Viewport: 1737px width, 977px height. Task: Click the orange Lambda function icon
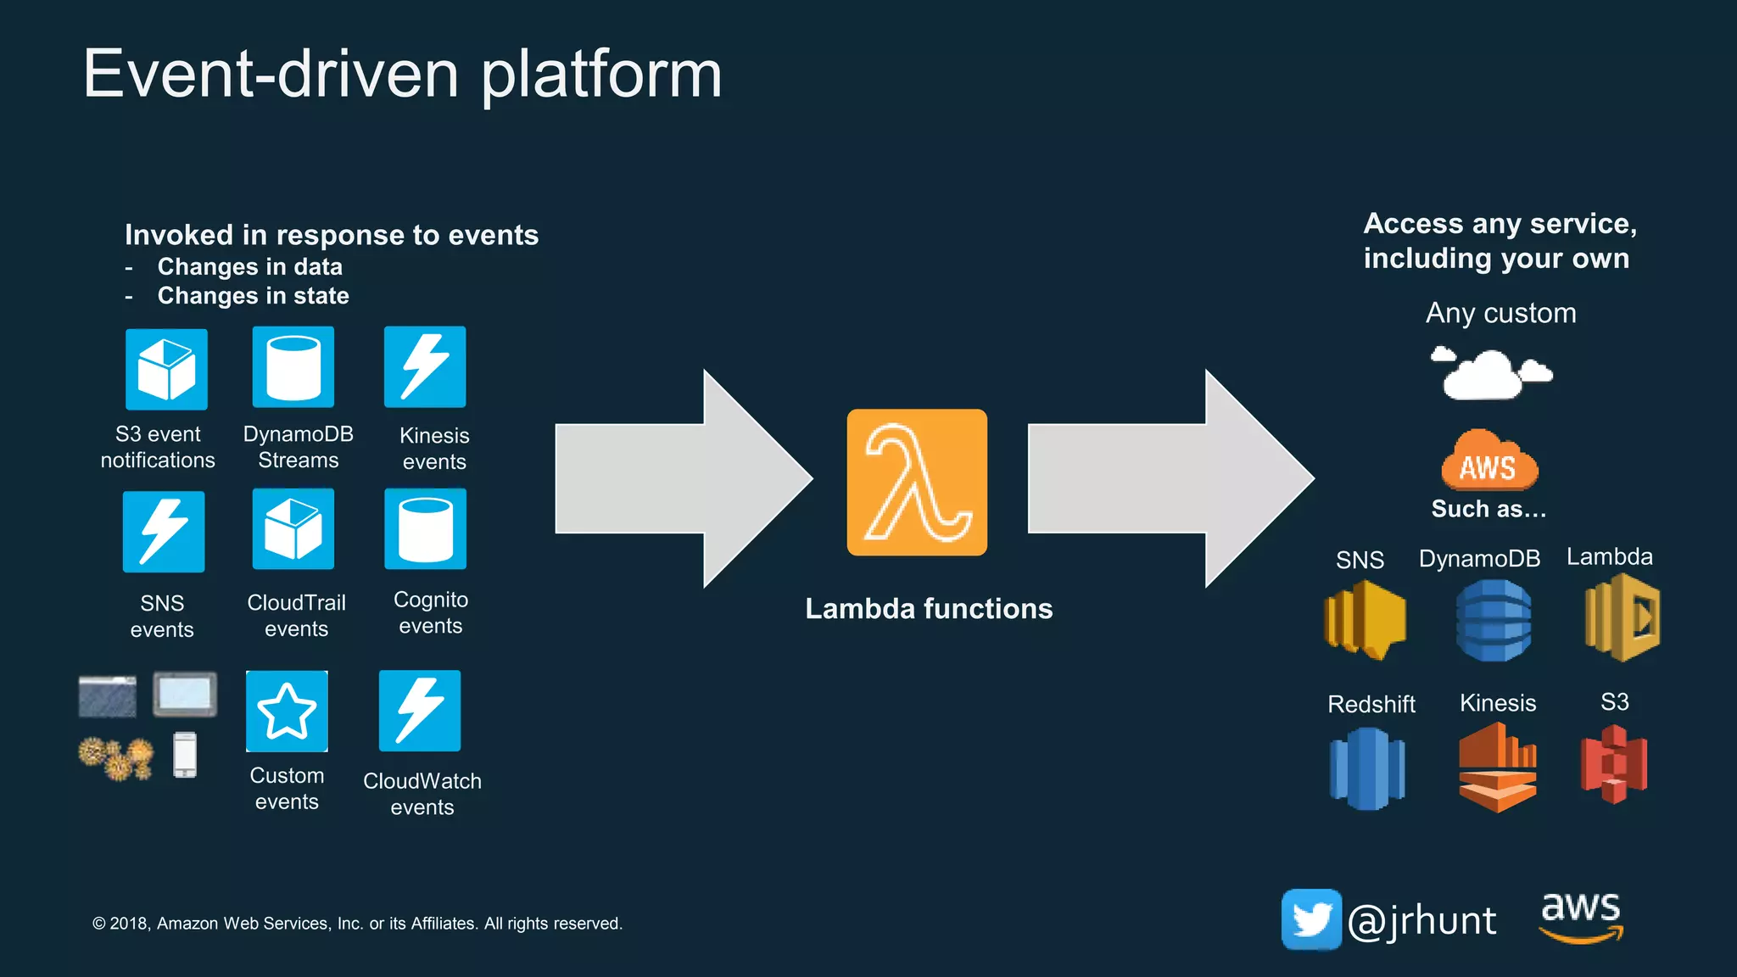coord(917,483)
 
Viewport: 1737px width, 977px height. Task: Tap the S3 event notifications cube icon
coord(166,369)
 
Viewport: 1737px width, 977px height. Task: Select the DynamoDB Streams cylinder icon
coord(293,367)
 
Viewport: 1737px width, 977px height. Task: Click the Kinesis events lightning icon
coord(425,367)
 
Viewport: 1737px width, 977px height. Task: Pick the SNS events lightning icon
coord(164,532)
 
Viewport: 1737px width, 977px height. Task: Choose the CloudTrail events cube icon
coord(293,528)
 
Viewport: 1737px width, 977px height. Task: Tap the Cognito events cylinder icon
coord(425,528)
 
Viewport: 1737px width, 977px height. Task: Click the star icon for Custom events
coord(287,711)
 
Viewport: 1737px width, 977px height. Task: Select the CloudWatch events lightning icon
coord(420,711)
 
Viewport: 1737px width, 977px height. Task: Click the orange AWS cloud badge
coord(1489,462)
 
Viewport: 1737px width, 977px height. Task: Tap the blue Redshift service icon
coord(1367,768)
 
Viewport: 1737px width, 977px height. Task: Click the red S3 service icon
coord(1614,764)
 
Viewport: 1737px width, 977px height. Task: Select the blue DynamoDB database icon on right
coord(1494,620)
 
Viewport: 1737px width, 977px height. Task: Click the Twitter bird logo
coord(1311,919)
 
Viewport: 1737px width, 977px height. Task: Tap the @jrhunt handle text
coord(1422,921)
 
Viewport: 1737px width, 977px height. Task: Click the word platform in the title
coord(601,75)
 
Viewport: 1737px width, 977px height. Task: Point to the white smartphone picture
coord(185,754)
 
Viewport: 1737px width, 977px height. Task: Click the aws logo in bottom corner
coord(1581,915)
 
